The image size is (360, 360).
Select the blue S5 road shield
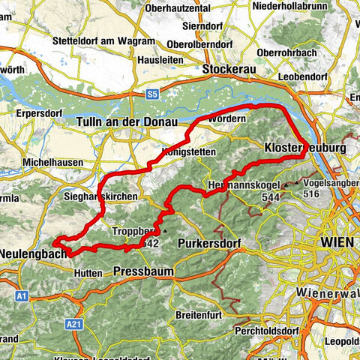tap(152, 94)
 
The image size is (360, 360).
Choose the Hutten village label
tap(88, 274)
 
